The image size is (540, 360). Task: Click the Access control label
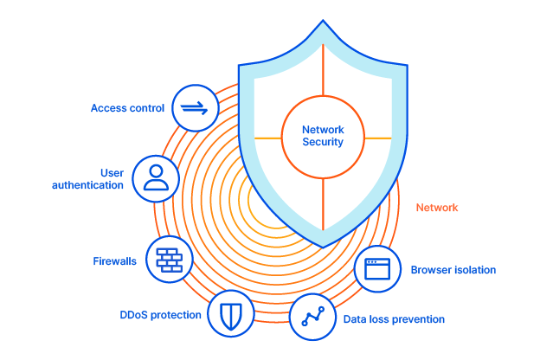point(127,108)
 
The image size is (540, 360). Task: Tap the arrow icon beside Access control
point(195,108)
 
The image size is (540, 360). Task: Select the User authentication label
point(87,179)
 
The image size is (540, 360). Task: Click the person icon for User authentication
point(156,178)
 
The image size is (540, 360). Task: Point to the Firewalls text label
point(114,260)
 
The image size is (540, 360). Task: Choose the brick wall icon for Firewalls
point(169,259)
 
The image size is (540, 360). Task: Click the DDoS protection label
point(160,315)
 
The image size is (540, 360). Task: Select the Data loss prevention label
point(394,319)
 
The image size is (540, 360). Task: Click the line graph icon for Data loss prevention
point(312,318)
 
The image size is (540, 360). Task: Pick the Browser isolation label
point(453,270)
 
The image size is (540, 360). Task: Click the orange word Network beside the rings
point(437,208)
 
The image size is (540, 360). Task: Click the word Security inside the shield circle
point(323,143)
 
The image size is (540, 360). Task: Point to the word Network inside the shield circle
point(323,130)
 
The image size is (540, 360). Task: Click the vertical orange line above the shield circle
point(323,69)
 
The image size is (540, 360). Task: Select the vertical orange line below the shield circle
point(323,204)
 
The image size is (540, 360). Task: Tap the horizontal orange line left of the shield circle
point(267,137)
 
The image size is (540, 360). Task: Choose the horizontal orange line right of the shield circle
point(377,137)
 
